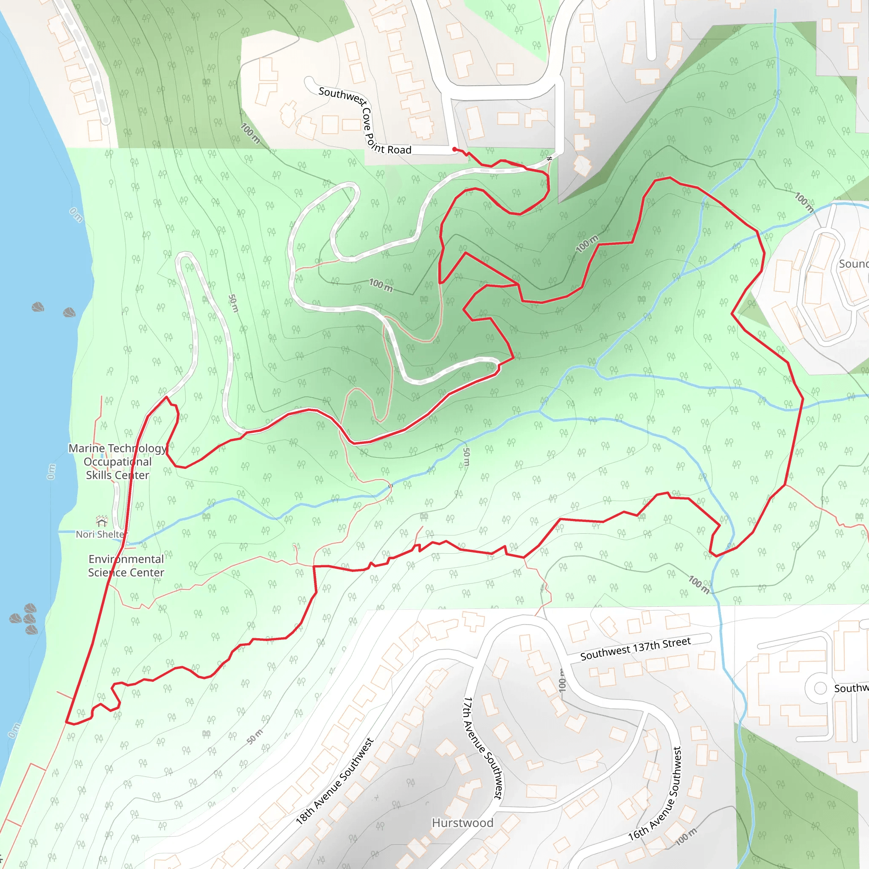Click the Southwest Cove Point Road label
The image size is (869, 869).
coord(365,121)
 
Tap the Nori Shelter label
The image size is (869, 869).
coord(100,534)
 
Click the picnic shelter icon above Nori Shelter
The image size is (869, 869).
coord(102,521)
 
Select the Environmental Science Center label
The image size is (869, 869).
coord(126,565)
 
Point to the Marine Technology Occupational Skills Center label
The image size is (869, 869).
coord(118,462)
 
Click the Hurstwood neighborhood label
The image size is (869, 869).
coord(463,823)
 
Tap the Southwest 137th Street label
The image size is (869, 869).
coord(635,649)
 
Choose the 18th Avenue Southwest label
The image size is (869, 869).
coord(335,781)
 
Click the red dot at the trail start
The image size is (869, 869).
coord(454,149)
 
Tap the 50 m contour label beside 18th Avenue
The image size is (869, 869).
coord(255,737)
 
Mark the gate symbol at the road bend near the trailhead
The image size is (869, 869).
coord(549,159)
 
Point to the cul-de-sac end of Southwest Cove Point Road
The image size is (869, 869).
coord(309,81)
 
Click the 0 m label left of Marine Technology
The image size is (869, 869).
coord(51,471)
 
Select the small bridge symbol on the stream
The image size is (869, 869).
coord(390,486)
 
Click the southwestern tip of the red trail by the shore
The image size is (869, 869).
coord(67,722)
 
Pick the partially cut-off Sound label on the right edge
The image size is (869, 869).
coord(853,264)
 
